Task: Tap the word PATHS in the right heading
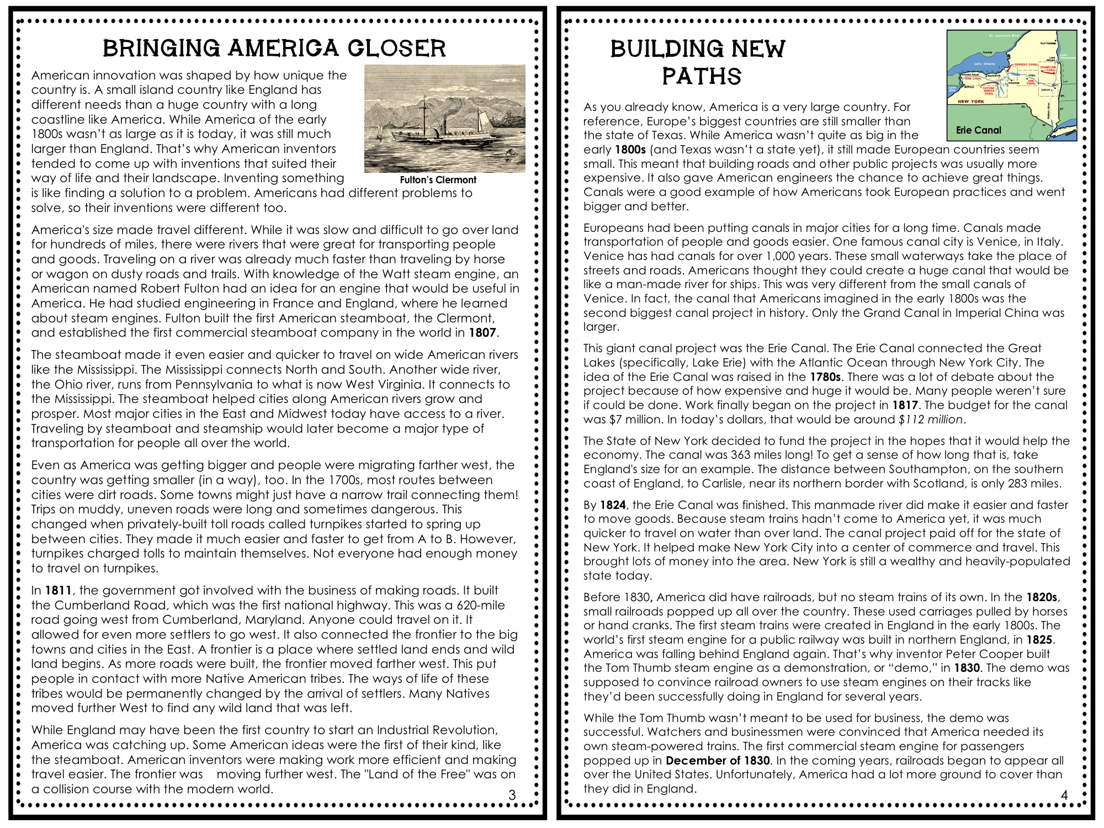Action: point(702,76)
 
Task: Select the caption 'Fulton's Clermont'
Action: point(438,180)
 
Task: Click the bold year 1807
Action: point(482,333)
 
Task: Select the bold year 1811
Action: point(58,591)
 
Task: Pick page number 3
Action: point(512,795)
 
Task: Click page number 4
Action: point(1064,795)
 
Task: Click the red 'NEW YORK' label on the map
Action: point(970,102)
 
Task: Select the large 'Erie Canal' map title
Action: point(978,130)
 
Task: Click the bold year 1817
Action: point(905,405)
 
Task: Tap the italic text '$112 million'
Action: point(931,420)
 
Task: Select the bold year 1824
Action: point(613,505)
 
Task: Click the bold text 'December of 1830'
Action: point(718,761)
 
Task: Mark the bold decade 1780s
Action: point(825,377)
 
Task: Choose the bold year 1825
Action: point(1040,640)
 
